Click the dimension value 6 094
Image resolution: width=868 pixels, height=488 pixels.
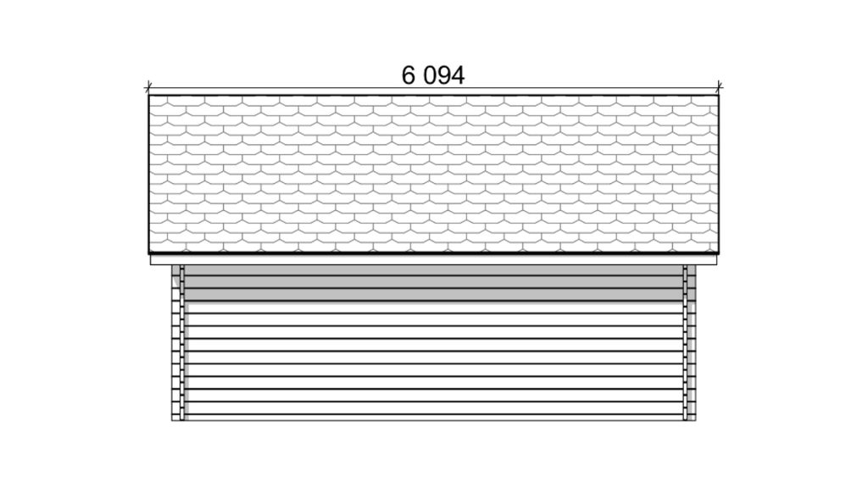tap(433, 75)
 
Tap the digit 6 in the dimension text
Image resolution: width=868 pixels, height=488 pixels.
tap(408, 75)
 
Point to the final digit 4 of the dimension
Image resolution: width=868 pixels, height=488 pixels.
tap(458, 75)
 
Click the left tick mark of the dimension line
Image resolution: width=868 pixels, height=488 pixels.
tap(147, 87)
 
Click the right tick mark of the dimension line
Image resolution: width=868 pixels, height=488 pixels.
tap(719, 87)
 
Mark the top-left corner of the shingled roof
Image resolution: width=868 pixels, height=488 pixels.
tap(148, 95)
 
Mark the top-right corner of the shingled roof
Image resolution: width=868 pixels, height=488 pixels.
tap(719, 95)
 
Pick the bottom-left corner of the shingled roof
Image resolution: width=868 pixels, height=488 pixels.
tap(148, 252)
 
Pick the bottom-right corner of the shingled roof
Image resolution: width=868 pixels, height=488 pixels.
tap(719, 252)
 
